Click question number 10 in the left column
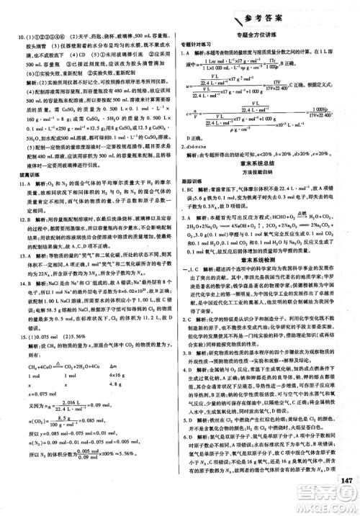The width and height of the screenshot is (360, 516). click(x=14, y=36)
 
